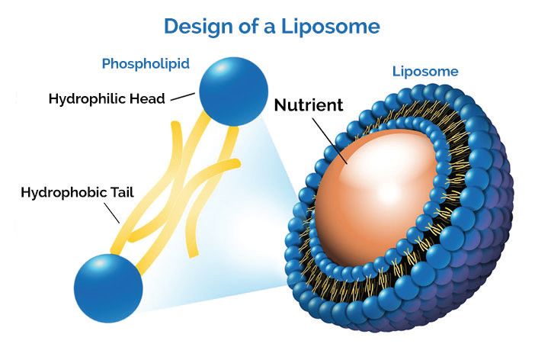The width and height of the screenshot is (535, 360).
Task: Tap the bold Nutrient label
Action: [305, 105]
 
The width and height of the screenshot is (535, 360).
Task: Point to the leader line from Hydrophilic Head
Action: [183, 98]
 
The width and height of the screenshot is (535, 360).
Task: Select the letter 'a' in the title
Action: [274, 27]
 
